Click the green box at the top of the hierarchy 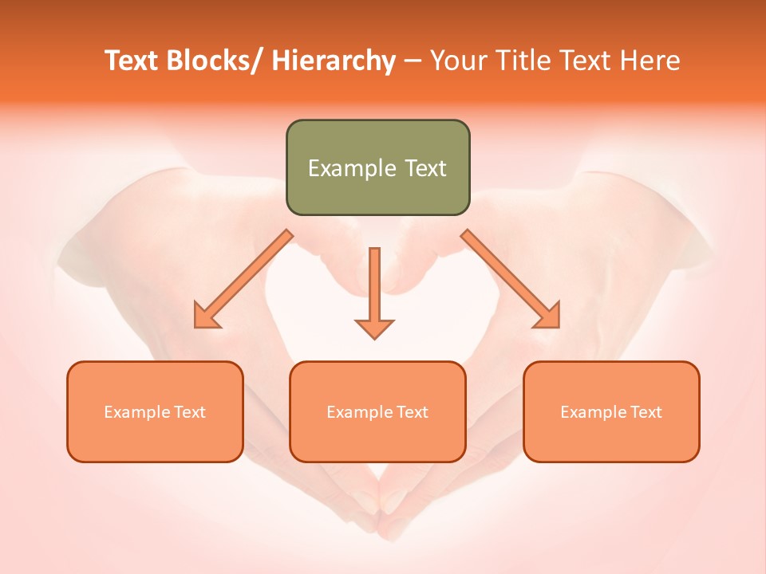coord(377,167)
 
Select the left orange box coord(155,411)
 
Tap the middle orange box coord(377,411)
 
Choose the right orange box coord(611,411)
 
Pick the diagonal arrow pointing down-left coord(243,279)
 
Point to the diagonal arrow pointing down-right coord(511,279)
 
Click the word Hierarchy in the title coord(334,61)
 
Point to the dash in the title coord(413,61)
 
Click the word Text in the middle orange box coord(412,412)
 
